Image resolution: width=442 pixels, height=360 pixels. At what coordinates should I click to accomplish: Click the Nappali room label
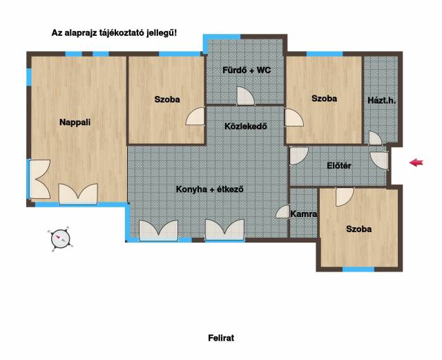pos(75,122)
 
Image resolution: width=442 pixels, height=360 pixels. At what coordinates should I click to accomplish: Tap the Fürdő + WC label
pos(247,70)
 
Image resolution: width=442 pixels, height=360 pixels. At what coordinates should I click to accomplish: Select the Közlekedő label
pos(246,126)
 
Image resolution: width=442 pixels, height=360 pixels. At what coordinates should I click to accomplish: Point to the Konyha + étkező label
pos(209,189)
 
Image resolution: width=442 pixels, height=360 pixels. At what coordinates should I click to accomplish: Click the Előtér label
pos(339,165)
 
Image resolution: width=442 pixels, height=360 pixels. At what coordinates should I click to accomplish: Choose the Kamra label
pos(304,214)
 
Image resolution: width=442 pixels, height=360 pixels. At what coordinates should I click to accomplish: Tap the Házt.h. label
pos(382,100)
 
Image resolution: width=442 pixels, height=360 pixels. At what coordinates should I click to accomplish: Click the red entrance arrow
pos(416,162)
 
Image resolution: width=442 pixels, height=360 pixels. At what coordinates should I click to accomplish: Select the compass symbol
pos(60,239)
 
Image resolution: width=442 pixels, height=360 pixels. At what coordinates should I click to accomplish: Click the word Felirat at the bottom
pos(221,338)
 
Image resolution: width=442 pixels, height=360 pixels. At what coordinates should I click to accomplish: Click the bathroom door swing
pos(245,96)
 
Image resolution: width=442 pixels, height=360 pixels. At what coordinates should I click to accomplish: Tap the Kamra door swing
pos(282,211)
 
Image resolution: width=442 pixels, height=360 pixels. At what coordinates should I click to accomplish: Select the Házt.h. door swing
pos(375,138)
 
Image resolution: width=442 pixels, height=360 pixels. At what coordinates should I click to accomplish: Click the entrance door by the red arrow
pos(380,161)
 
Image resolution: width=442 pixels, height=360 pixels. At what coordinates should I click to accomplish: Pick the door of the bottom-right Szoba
pos(344,197)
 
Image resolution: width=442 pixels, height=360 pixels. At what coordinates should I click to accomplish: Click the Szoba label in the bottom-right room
pos(358,229)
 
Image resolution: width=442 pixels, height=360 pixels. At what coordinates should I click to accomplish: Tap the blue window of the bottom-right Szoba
pos(358,269)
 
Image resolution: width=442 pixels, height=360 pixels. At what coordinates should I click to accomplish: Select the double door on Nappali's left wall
pos(40,180)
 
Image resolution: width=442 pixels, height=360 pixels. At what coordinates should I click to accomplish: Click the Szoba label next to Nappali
pos(167,100)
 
